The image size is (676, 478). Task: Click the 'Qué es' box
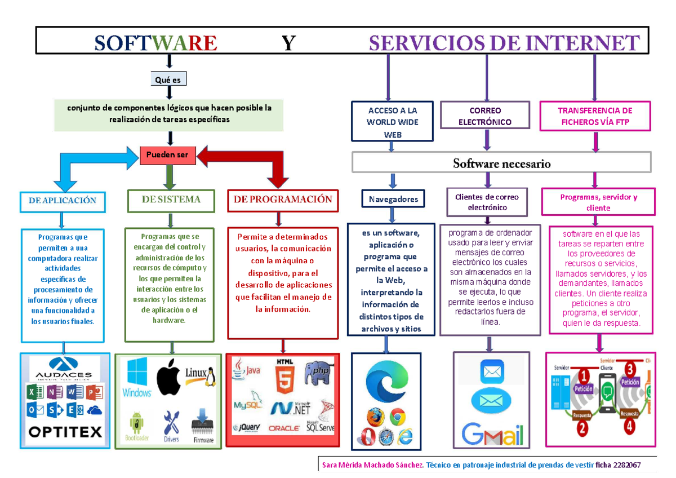168,79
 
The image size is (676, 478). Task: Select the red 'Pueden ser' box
168,155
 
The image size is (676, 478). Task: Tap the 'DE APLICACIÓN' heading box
62,200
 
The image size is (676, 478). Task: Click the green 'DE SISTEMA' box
171,200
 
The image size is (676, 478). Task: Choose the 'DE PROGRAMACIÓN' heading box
283,200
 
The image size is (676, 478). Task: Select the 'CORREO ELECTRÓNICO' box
484,116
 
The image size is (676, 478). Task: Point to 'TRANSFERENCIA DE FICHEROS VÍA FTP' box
595,116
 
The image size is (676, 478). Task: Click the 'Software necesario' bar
501,163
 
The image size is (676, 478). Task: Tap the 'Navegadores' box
394,199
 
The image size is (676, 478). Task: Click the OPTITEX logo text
65,433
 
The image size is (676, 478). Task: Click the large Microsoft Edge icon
387,382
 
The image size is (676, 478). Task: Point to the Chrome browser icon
398,418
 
